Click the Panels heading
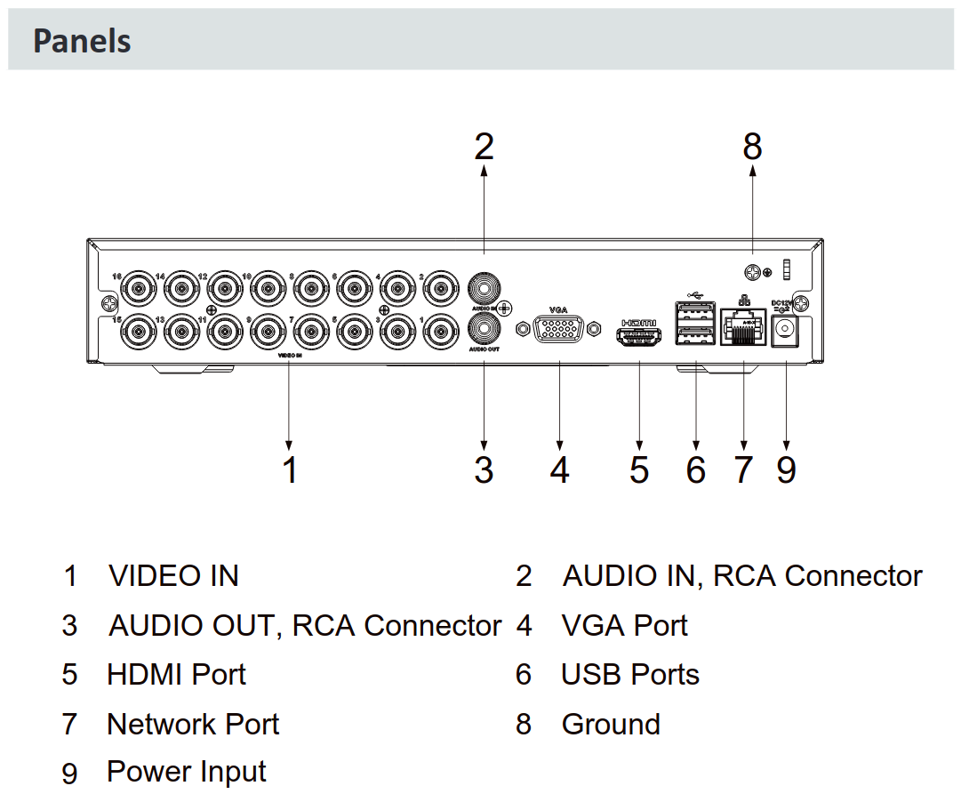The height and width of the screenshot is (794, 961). tap(82, 41)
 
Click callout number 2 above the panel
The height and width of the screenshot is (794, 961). tap(484, 147)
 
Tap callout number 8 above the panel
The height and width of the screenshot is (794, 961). tap(753, 147)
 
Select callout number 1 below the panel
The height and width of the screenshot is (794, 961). tap(290, 469)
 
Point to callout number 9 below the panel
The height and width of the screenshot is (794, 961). tap(786, 469)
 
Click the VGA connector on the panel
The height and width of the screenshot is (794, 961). tap(559, 333)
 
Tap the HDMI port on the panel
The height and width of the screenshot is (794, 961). tap(639, 338)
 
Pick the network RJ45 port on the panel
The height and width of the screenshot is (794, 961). tap(744, 328)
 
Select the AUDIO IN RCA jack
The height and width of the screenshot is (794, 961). tap(484, 287)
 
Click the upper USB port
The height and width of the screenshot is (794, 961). tap(695, 312)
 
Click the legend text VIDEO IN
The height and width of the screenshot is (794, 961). tap(174, 576)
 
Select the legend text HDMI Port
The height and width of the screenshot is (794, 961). tap(176, 675)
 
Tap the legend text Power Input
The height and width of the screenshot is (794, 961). tap(187, 772)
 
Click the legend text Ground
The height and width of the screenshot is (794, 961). tap(611, 725)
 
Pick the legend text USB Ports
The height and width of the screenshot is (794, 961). tap(630, 675)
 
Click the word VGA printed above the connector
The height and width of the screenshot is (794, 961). tap(558, 309)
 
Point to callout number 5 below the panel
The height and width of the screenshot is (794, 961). tap(639, 469)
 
